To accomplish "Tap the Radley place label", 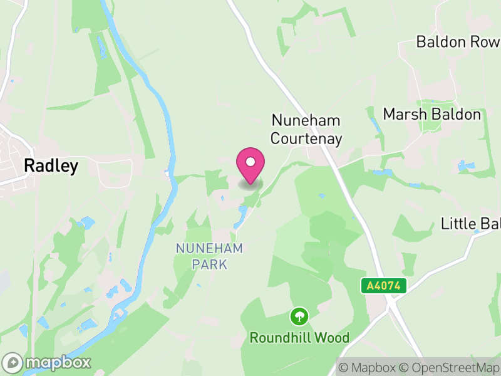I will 51,165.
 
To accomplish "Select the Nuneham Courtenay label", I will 306,130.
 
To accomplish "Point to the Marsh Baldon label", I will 431,115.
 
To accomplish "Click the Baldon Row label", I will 458,42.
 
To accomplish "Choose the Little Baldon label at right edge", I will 470,223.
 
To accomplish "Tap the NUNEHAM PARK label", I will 209,256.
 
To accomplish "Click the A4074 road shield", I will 384,286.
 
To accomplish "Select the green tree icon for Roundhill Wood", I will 300,316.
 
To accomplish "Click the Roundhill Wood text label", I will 299,338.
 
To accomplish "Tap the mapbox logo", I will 48,362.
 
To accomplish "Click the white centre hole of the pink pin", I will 250,162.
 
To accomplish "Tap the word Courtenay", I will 306,138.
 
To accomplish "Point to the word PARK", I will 209,264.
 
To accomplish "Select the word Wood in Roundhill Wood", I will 332,338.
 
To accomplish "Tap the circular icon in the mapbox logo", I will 13,362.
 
